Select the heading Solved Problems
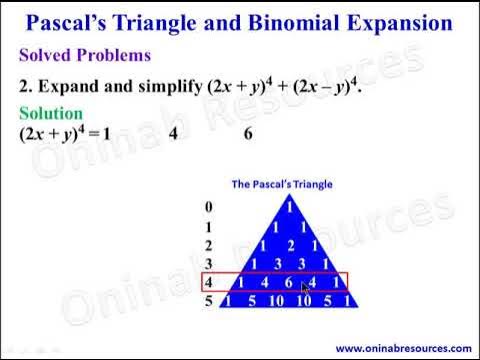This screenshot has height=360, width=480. [x=86, y=55]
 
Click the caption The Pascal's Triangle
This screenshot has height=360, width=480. [x=282, y=184]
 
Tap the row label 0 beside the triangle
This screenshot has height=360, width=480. [x=207, y=208]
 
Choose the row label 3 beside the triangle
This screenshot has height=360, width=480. [x=207, y=263]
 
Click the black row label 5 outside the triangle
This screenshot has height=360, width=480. [x=207, y=300]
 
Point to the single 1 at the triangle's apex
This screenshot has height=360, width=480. [x=287, y=208]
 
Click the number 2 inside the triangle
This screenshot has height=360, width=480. [x=287, y=245]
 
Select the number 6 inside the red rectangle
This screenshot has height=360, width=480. [x=287, y=282]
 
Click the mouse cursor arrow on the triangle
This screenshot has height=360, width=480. [x=306, y=287]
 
